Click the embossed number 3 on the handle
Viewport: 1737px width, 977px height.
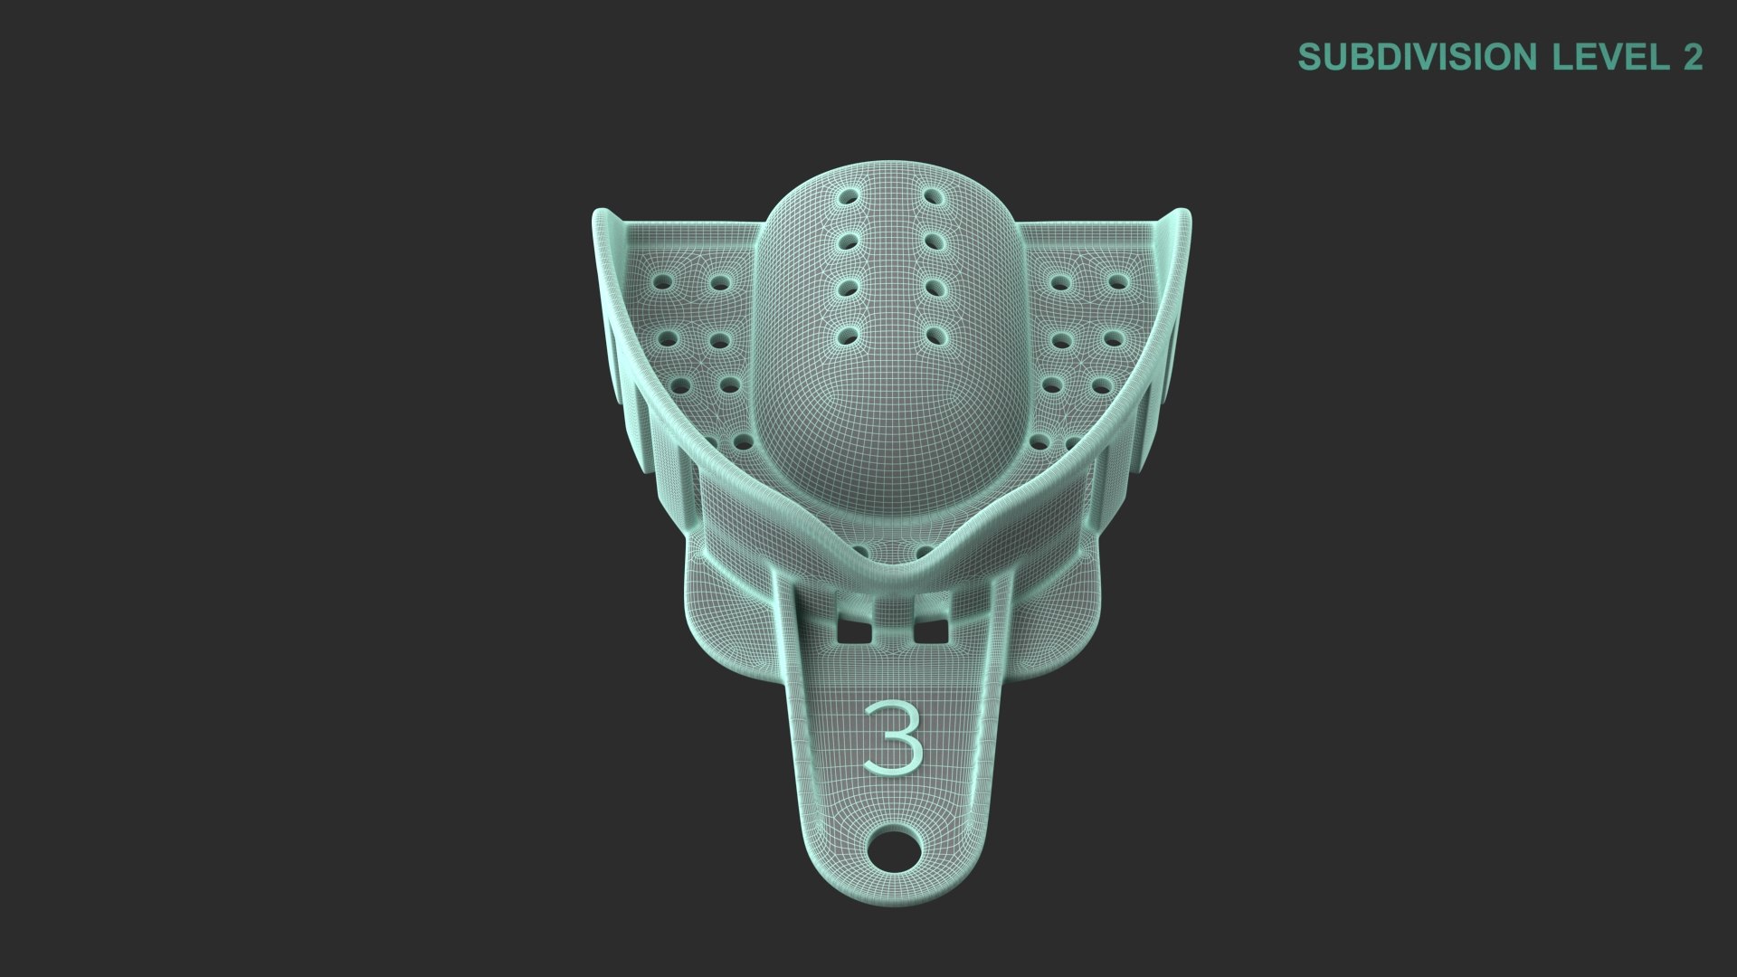[893, 736]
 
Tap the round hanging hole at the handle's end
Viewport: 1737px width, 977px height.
[894, 850]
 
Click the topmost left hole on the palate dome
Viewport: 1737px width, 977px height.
[849, 195]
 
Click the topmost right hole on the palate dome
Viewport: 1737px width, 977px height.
[928, 195]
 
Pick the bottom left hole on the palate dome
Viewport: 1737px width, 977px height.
[849, 336]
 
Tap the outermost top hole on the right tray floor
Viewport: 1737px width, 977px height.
[1117, 282]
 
